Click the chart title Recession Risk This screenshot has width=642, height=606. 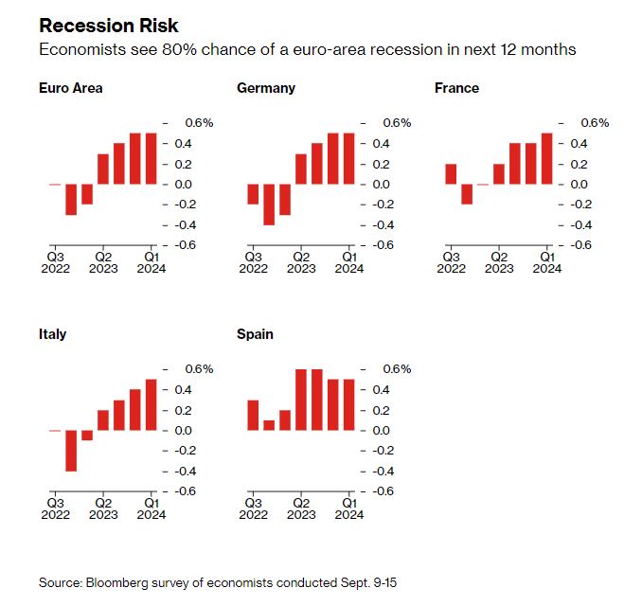109,26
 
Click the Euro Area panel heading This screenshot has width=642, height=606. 71,88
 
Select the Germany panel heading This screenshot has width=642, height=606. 265,88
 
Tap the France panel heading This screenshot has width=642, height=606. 456,88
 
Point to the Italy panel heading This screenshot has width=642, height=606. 53,334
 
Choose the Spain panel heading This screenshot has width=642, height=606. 256,334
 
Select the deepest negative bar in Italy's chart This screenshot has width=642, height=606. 71,451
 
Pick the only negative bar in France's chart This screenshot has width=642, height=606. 467,194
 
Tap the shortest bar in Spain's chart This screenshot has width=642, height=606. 269,425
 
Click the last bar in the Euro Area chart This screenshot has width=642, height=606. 151,158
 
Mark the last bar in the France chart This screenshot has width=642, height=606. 546,158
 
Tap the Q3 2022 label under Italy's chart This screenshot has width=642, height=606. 55,508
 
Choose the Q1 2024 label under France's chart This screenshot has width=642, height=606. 546,262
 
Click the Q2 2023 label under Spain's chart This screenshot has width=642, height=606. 301,508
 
